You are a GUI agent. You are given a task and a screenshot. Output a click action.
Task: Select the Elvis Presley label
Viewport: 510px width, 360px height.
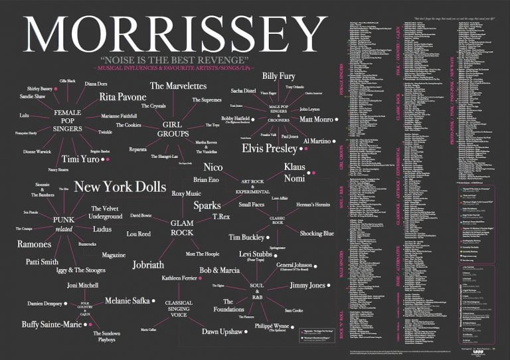(269, 148)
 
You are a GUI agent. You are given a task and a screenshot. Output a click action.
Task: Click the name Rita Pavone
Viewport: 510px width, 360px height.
(122, 97)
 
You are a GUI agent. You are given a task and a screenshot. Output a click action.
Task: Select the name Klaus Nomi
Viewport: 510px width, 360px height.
(294, 172)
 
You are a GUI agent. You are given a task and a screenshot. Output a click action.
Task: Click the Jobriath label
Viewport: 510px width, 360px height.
(148, 264)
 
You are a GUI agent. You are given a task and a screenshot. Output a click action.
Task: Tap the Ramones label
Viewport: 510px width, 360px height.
(35, 244)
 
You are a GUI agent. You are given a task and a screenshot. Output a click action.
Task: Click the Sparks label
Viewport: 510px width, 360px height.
(207, 205)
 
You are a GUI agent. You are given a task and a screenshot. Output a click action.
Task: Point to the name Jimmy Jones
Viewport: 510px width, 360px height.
(308, 285)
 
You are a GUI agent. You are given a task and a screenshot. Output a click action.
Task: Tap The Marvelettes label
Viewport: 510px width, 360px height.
(178, 86)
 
